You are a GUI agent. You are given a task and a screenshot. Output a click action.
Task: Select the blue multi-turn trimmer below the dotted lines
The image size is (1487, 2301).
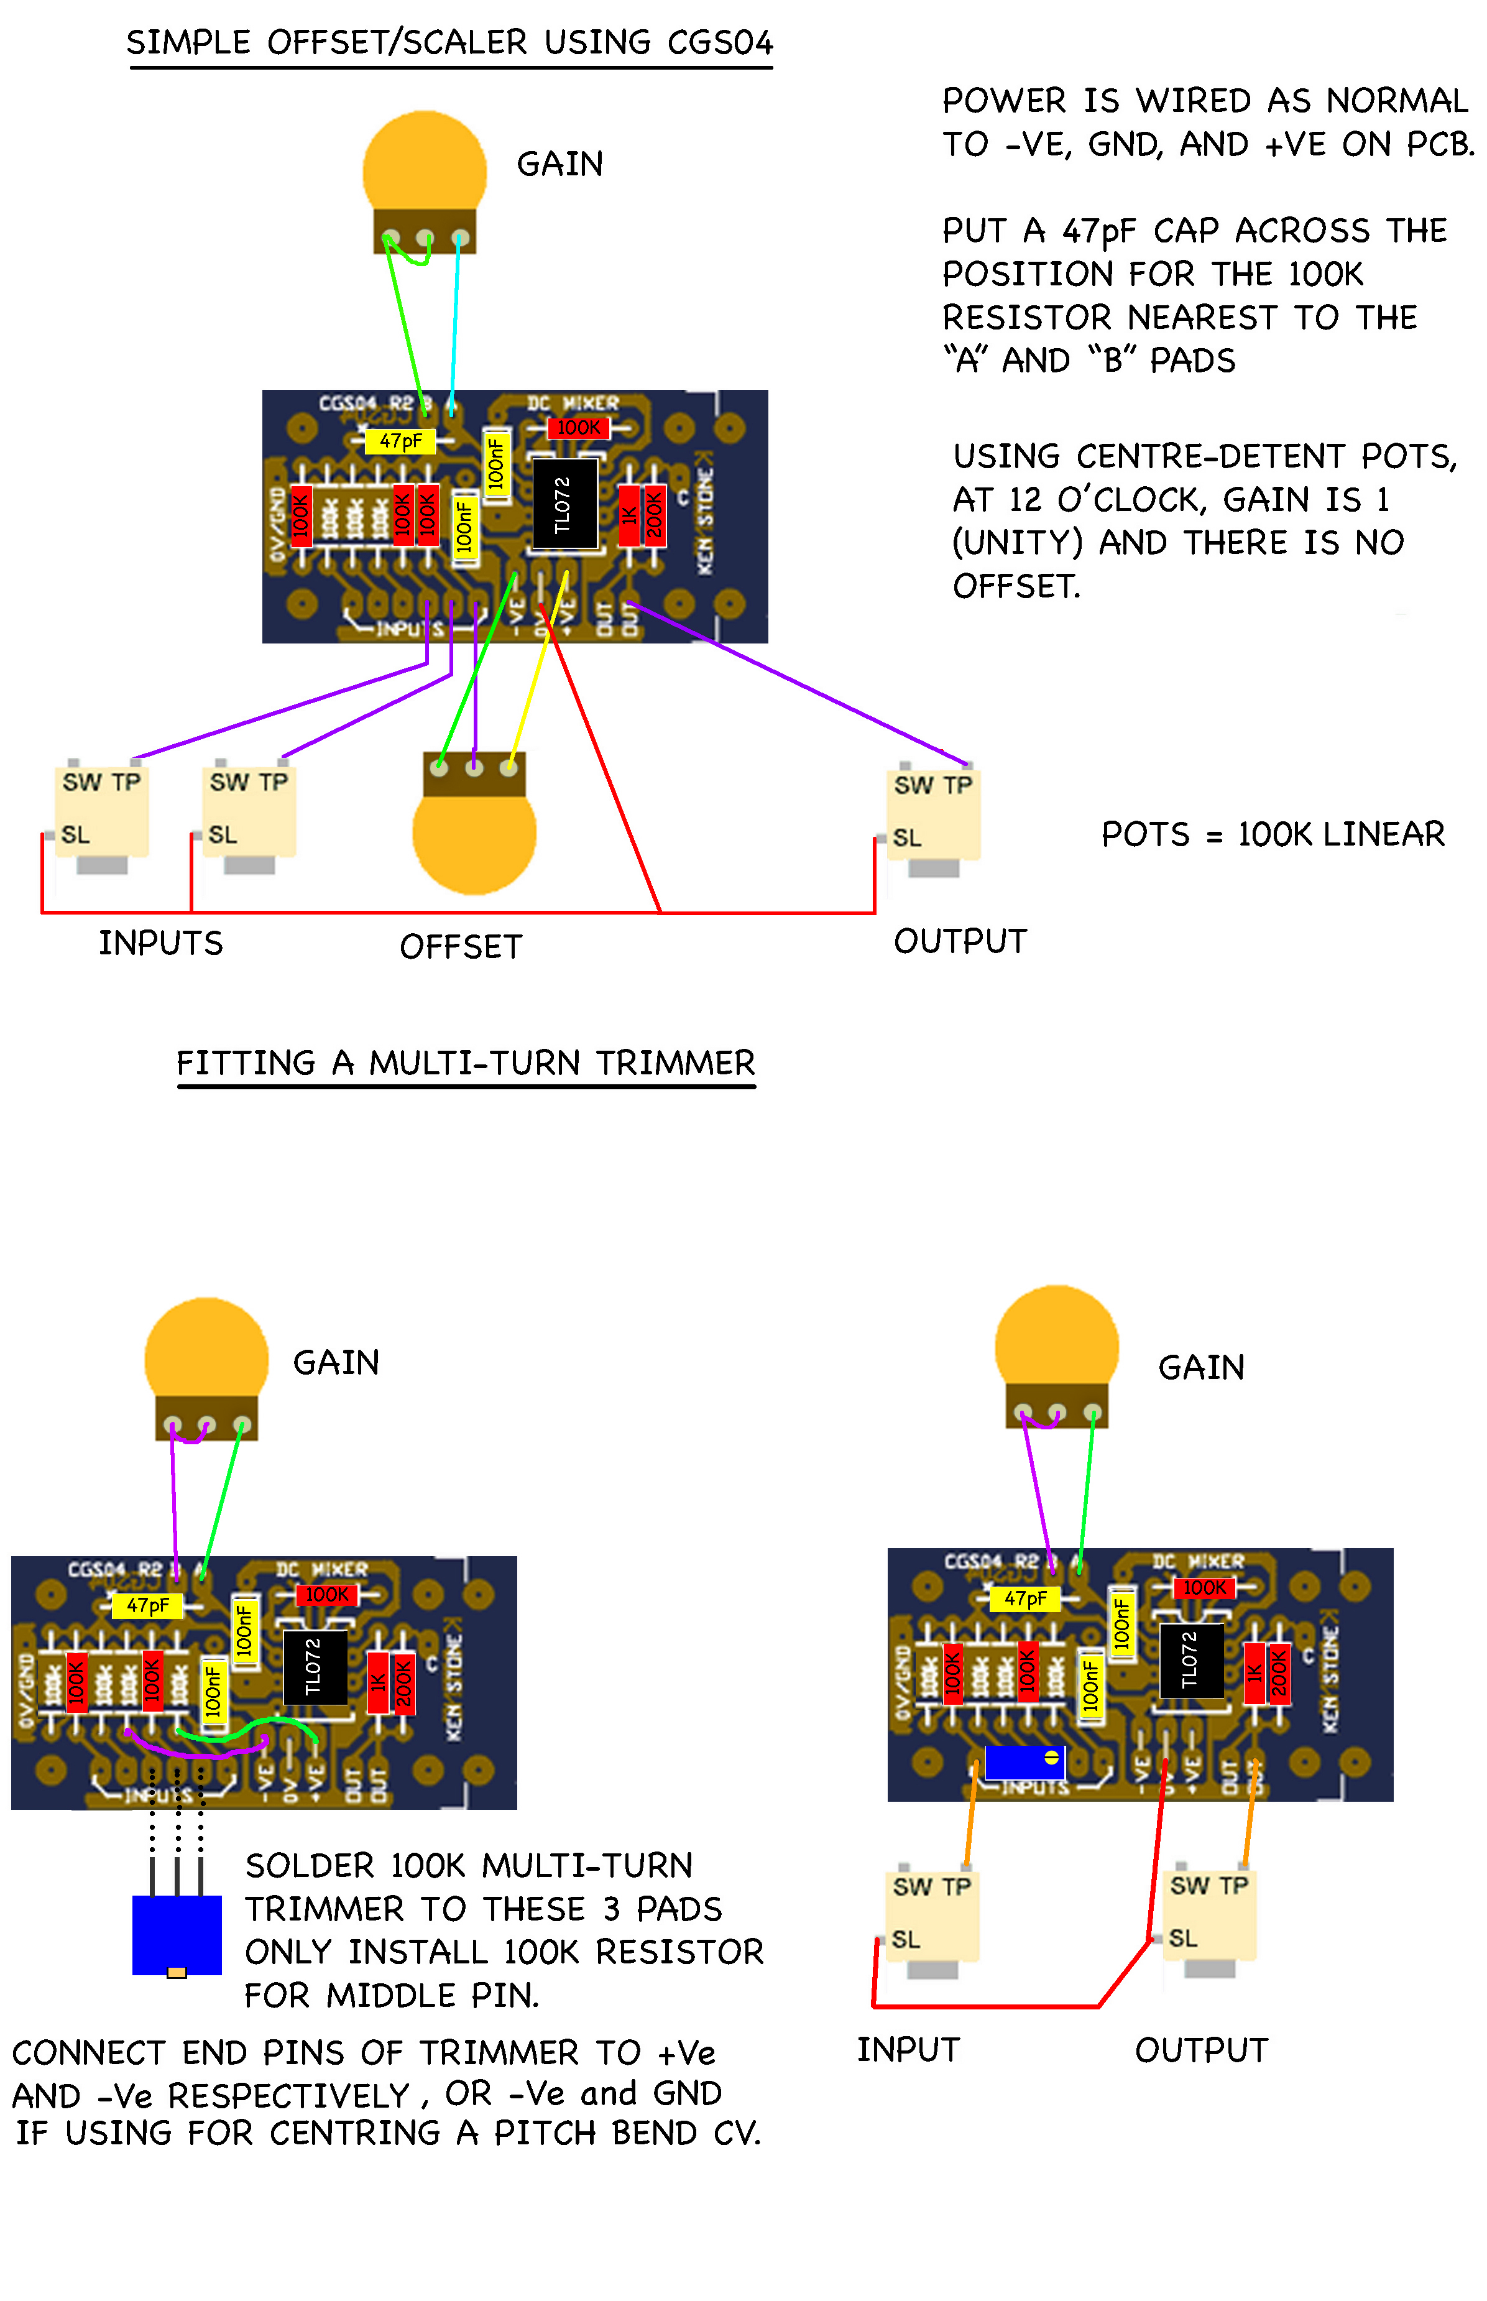coord(177,1935)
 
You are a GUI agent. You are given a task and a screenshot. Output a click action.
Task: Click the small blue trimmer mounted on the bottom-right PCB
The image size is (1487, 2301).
coord(1023,1761)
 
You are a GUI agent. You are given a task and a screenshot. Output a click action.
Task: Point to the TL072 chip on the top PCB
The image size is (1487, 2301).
coord(564,503)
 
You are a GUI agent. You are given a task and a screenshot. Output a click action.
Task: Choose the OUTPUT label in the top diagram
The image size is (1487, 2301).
coord(960,941)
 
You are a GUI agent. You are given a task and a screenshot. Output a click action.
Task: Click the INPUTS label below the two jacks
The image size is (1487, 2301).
coord(160,943)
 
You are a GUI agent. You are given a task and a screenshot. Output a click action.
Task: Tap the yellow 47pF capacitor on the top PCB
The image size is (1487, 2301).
coord(400,441)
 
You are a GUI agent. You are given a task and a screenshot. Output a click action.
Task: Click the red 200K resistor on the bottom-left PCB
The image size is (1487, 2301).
coord(403,1683)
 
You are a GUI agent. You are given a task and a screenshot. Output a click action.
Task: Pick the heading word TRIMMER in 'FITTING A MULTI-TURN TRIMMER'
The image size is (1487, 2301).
coord(675,1063)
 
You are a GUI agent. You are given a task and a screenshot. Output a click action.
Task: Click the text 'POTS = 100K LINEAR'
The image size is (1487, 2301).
coord(1273,834)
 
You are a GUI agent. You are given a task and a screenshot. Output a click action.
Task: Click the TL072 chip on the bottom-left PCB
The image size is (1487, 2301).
coord(315,1667)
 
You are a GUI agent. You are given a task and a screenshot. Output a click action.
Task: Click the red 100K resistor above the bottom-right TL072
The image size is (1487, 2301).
coord(1204,1587)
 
